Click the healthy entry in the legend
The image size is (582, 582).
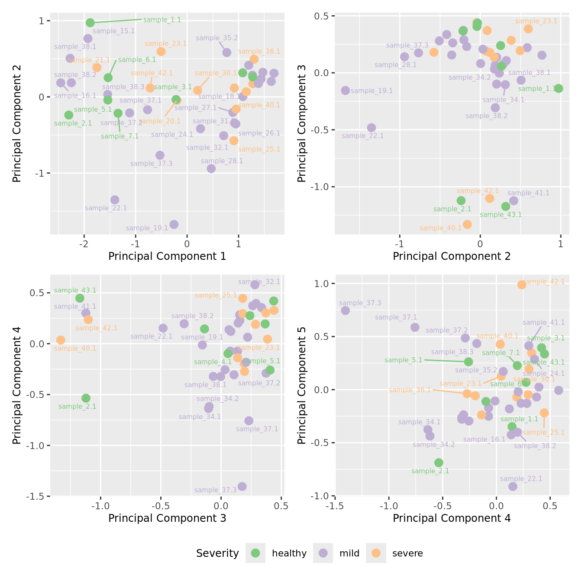289,553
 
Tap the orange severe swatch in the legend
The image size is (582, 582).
376,553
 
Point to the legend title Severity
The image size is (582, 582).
217,553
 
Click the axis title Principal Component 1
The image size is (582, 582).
167,256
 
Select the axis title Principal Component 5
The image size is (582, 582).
302,385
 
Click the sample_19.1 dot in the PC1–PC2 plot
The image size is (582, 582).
174,224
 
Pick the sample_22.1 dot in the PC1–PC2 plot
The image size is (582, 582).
115,200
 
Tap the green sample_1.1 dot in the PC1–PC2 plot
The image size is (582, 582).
90,23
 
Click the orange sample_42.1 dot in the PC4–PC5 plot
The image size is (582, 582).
522,285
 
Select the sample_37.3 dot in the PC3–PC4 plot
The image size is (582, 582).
242,486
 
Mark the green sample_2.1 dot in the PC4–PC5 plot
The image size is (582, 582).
439,462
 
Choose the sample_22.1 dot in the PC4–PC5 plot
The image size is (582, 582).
513,486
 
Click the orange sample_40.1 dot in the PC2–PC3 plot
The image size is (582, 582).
467,224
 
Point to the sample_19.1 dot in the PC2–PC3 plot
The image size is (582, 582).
345,91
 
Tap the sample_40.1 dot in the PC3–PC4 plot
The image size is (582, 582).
61,340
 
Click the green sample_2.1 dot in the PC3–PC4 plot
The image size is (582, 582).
86,398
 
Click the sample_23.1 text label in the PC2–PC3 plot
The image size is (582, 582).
536,21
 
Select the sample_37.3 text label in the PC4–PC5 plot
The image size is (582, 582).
360,303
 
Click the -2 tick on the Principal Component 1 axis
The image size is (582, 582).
84,244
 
